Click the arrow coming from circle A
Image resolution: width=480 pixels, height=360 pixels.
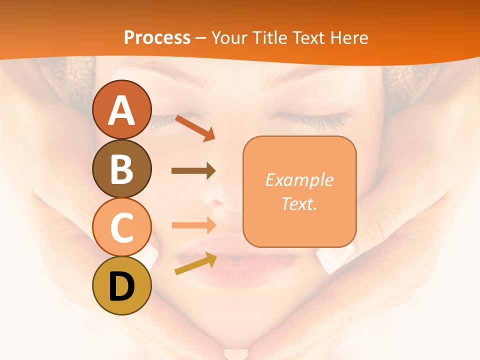click(194, 128)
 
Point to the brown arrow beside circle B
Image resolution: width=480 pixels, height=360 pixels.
click(193, 171)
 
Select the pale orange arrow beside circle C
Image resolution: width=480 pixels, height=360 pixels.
click(193, 225)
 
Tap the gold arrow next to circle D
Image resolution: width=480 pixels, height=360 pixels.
click(195, 263)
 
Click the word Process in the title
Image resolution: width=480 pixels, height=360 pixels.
click(157, 37)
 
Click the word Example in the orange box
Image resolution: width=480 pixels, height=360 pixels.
click(299, 180)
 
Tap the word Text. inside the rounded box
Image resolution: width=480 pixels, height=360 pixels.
click(299, 203)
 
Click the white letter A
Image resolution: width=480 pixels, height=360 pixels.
click(121, 111)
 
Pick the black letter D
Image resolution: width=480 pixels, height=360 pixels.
click(121, 287)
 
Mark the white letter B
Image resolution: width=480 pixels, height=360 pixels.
click(121, 168)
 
